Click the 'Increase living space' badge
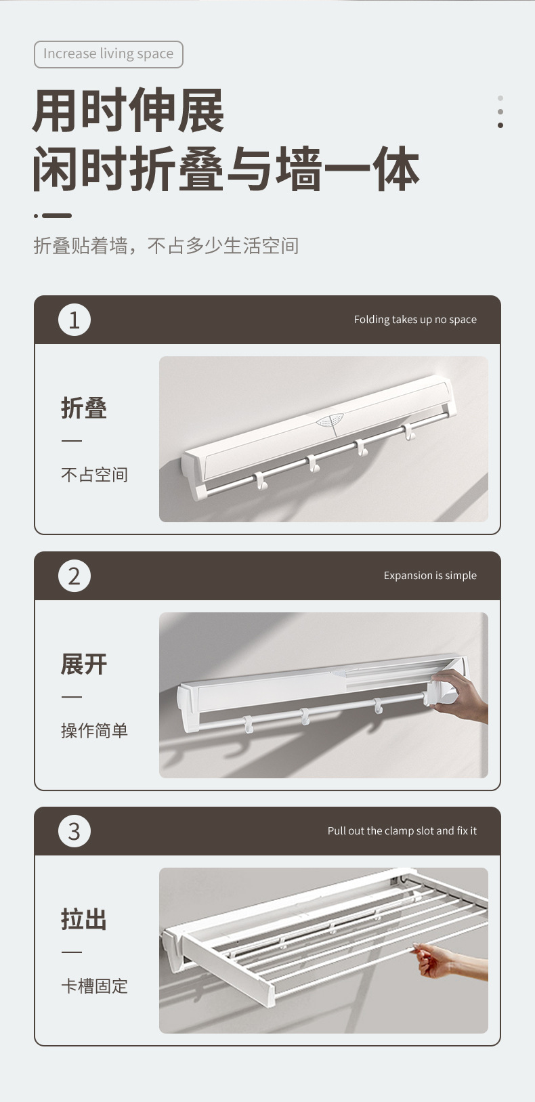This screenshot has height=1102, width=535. (108, 54)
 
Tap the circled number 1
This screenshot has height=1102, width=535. (74, 320)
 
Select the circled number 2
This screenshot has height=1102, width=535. (74, 576)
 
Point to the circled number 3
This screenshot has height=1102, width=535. (74, 831)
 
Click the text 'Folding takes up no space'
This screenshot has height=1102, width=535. (415, 320)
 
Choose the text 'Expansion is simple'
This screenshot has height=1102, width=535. (430, 576)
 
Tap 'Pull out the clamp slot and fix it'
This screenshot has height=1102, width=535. (402, 831)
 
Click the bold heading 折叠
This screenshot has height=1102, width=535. (84, 408)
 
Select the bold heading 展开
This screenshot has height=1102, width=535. (84, 664)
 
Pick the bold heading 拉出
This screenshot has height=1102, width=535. (84, 920)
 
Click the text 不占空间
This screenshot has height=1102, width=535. (94, 475)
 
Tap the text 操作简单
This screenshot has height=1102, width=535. (94, 731)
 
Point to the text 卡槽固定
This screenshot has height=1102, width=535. (94, 986)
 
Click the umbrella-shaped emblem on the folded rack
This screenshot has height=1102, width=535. (329, 421)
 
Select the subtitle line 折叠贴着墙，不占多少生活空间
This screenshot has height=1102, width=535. (166, 246)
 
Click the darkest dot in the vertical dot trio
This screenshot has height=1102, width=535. (500, 125)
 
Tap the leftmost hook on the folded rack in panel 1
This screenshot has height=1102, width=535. (260, 482)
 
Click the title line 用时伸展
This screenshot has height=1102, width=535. (128, 112)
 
